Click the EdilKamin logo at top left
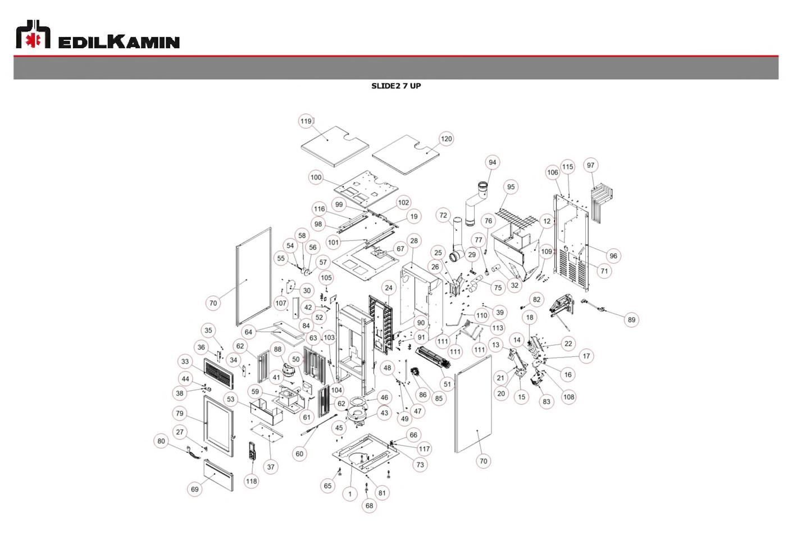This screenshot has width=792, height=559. click(98, 34)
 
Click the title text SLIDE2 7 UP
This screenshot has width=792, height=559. click(396, 86)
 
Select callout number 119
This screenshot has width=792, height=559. click(306, 121)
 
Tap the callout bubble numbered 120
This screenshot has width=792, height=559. click(446, 139)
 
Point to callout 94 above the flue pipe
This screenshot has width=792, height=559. click(493, 163)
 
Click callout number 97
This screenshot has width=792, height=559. click(591, 166)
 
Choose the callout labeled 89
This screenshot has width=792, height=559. click(631, 320)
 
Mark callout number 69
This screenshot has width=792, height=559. click(195, 489)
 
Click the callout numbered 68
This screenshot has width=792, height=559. click(369, 506)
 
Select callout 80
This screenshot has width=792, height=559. click(161, 441)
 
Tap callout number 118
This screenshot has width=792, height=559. click(252, 481)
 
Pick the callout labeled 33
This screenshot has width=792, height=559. click(185, 361)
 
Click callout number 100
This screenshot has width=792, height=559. click(316, 177)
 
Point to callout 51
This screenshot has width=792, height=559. click(448, 384)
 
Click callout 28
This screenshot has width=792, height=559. click(414, 241)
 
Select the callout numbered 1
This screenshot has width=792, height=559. click(350, 494)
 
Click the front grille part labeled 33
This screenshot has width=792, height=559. click(219, 373)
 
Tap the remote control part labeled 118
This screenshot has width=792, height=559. click(252, 451)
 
